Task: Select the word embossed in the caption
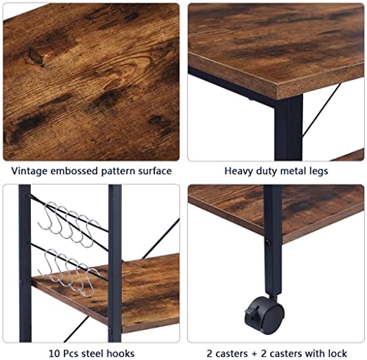pyautogui.click(x=74, y=170)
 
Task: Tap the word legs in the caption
pyautogui.click(x=318, y=171)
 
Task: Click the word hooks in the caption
pyautogui.click(x=120, y=353)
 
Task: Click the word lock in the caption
pyautogui.click(x=338, y=353)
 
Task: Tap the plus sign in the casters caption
pyautogui.click(x=254, y=354)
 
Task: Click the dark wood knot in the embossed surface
pyautogui.click(x=35, y=56)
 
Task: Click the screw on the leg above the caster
pyautogui.click(x=267, y=243)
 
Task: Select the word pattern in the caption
pyautogui.click(x=118, y=171)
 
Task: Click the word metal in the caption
pyautogui.click(x=292, y=170)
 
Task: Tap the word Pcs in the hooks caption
pyautogui.click(x=70, y=353)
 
